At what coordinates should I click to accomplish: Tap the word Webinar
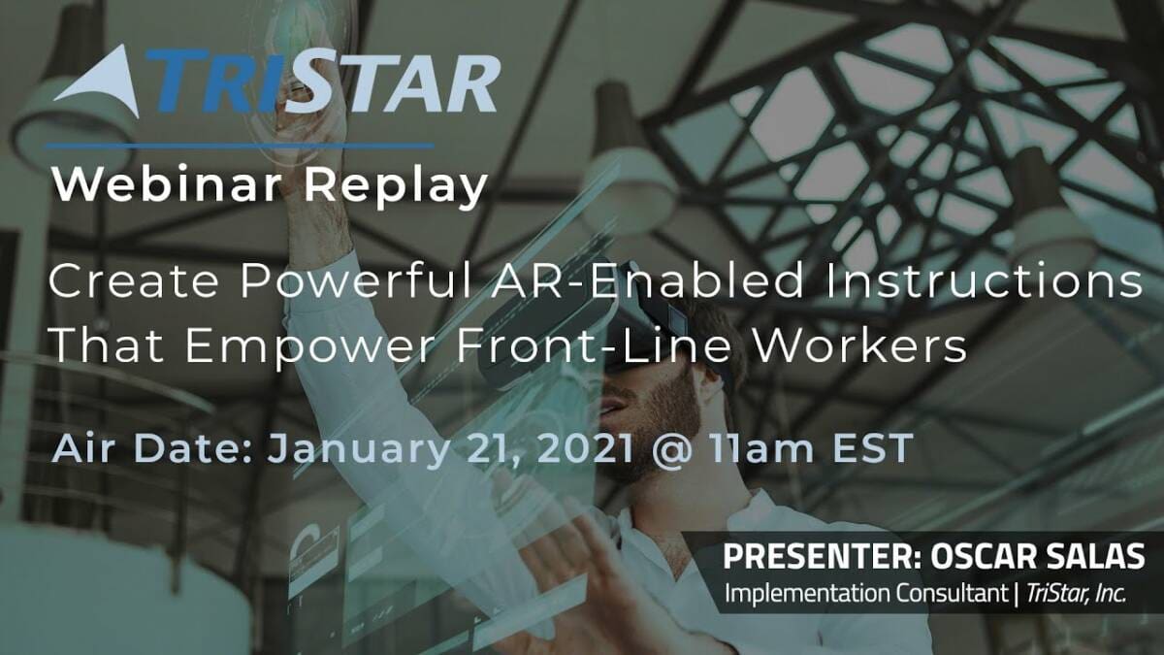(x=167, y=184)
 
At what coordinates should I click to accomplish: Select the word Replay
(x=396, y=187)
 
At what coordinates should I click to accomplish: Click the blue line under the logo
(x=241, y=147)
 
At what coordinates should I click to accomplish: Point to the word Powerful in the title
(x=356, y=280)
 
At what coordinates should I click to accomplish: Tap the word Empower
(x=310, y=345)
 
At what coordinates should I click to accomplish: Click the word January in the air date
(x=358, y=450)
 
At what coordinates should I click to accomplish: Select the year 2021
(x=586, y=448)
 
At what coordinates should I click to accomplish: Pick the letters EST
(x=873, y=448)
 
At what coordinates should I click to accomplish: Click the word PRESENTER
(x=823, y=556)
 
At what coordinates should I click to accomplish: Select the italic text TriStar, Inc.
(x=1076, y=594)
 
